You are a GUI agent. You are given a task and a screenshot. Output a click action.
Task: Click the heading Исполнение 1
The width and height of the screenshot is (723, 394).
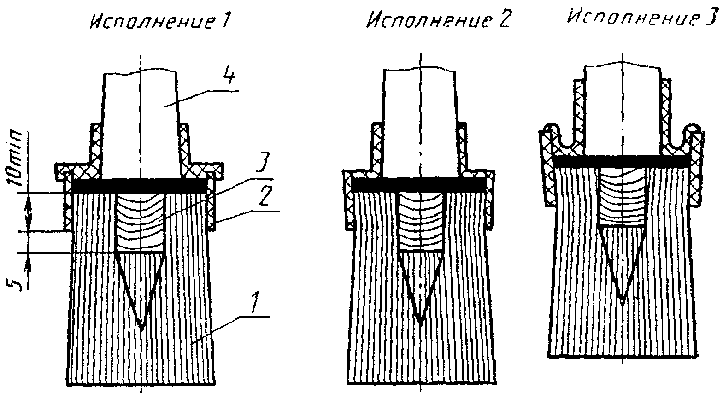pos(159,21)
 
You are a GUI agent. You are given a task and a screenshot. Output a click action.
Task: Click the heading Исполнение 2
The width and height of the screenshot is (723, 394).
pos(438,21)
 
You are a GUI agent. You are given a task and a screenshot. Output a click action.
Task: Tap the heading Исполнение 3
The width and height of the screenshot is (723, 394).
pos(641,18)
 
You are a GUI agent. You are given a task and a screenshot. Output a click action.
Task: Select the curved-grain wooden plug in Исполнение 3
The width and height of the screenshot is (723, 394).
pos(622,196)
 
